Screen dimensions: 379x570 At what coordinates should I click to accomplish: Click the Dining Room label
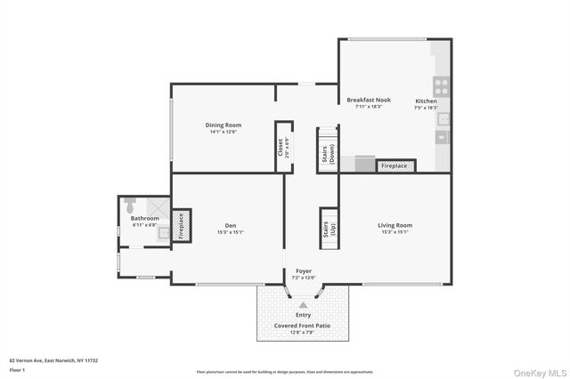point(224,125)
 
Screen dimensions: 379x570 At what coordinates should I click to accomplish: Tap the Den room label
point(230,225)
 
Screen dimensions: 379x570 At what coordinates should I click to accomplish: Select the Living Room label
point(395,225)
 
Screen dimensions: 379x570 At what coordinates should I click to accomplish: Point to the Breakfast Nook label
point(369,101)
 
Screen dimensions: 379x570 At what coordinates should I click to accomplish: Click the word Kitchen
point(426,101)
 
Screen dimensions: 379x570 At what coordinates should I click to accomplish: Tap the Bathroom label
point(144,218)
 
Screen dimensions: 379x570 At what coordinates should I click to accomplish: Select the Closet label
point(280,147)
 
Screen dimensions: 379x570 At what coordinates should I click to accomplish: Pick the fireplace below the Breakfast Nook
point(395,165)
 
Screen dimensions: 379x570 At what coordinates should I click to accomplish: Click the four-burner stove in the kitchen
point(440,86)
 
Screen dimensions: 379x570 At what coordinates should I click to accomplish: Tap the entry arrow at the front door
point(303,304)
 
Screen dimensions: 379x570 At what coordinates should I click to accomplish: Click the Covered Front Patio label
point(304,326)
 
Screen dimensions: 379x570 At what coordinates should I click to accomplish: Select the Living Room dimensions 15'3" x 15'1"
point(395,232)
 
